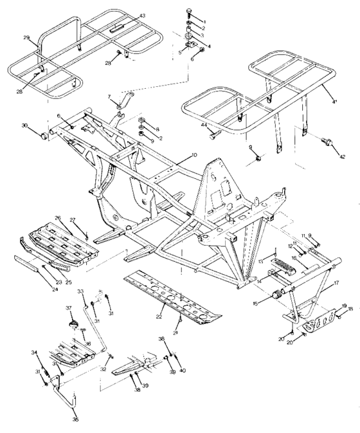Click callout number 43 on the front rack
[142, 15]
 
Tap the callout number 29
[26, 39]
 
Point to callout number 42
[343, 156]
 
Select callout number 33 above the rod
[81, 291]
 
